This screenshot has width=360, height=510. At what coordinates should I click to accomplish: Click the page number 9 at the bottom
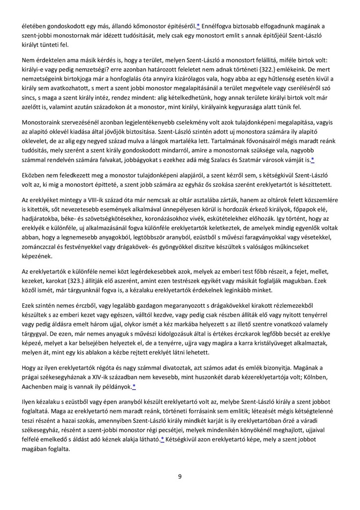[179, 477]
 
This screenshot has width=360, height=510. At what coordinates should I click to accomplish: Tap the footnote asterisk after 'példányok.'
[134, 386]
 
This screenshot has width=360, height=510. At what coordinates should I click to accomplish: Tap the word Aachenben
[38, 386]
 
